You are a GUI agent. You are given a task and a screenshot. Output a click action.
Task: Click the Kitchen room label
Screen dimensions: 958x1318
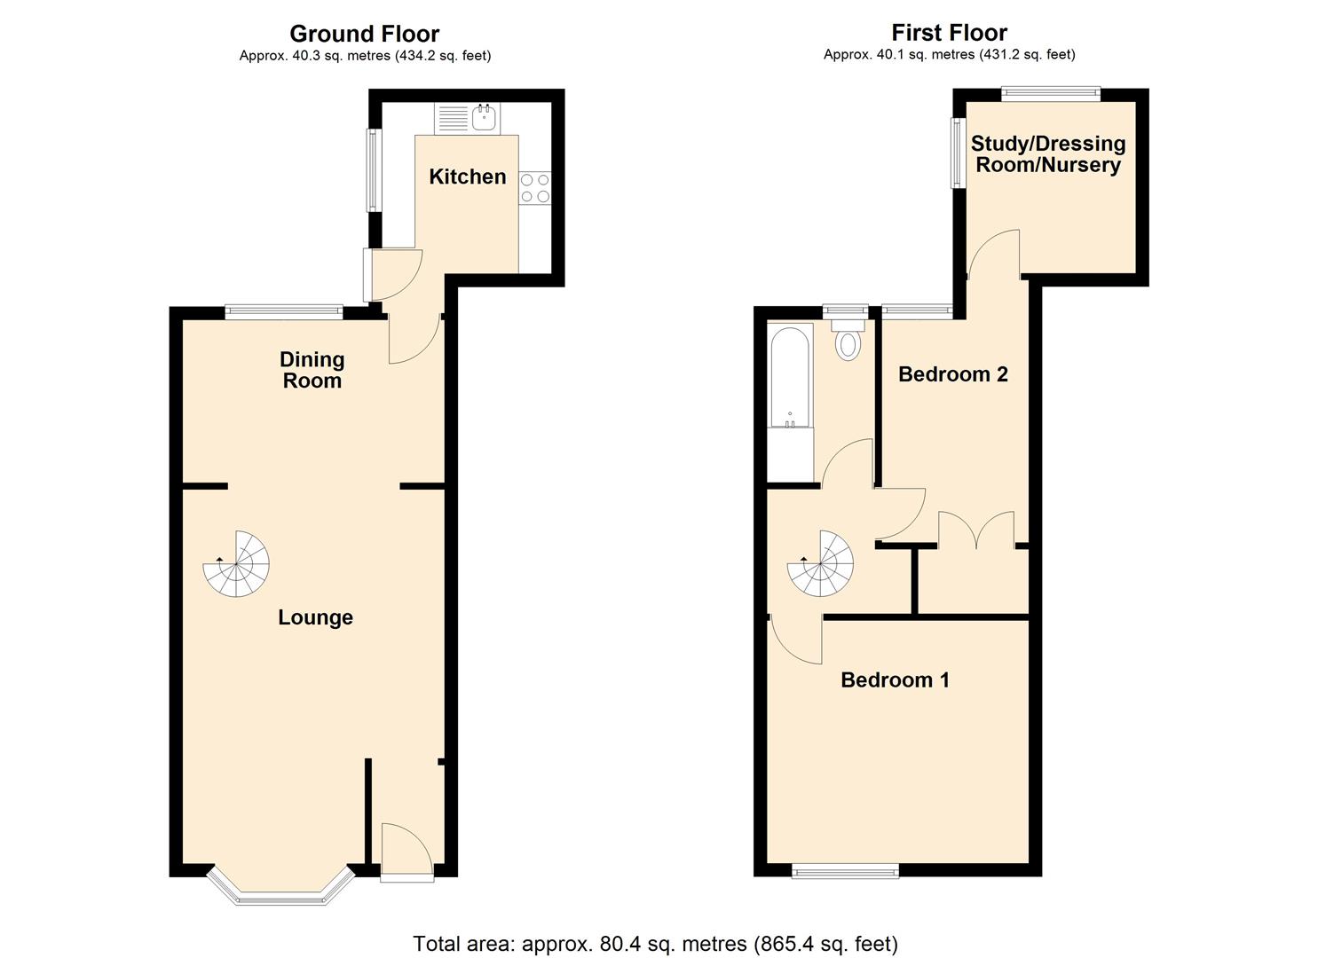point(467,177)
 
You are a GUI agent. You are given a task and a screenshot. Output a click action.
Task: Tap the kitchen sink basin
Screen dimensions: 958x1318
point(485,117)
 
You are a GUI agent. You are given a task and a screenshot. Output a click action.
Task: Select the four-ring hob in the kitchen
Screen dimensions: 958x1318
point(535,188)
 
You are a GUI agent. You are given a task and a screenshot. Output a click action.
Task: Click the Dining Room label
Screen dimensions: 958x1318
point(312,370)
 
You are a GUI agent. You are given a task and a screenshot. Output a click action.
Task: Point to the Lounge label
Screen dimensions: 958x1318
point(315,617)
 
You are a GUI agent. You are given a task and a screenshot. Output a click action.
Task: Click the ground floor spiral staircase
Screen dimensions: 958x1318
point(237,564)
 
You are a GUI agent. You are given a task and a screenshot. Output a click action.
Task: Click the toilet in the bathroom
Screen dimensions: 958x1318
point(848,342)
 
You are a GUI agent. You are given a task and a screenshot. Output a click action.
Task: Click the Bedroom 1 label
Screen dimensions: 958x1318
point(895,680)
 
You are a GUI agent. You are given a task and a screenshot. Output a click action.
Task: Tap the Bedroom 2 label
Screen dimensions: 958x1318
point(952,374)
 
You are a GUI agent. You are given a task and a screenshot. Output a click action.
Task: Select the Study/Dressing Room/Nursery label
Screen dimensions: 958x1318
point(1047,154)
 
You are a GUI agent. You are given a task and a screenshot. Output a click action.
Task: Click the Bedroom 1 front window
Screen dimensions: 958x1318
point(845,872)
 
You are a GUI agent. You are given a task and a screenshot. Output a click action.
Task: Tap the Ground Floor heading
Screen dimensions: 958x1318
point(364,34)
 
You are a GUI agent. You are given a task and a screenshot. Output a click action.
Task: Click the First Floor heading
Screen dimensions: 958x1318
point(949,33)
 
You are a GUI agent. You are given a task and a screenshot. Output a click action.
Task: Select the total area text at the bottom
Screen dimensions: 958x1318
point(655,943)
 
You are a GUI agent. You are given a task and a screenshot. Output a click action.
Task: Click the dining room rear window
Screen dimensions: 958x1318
point(284,311)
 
